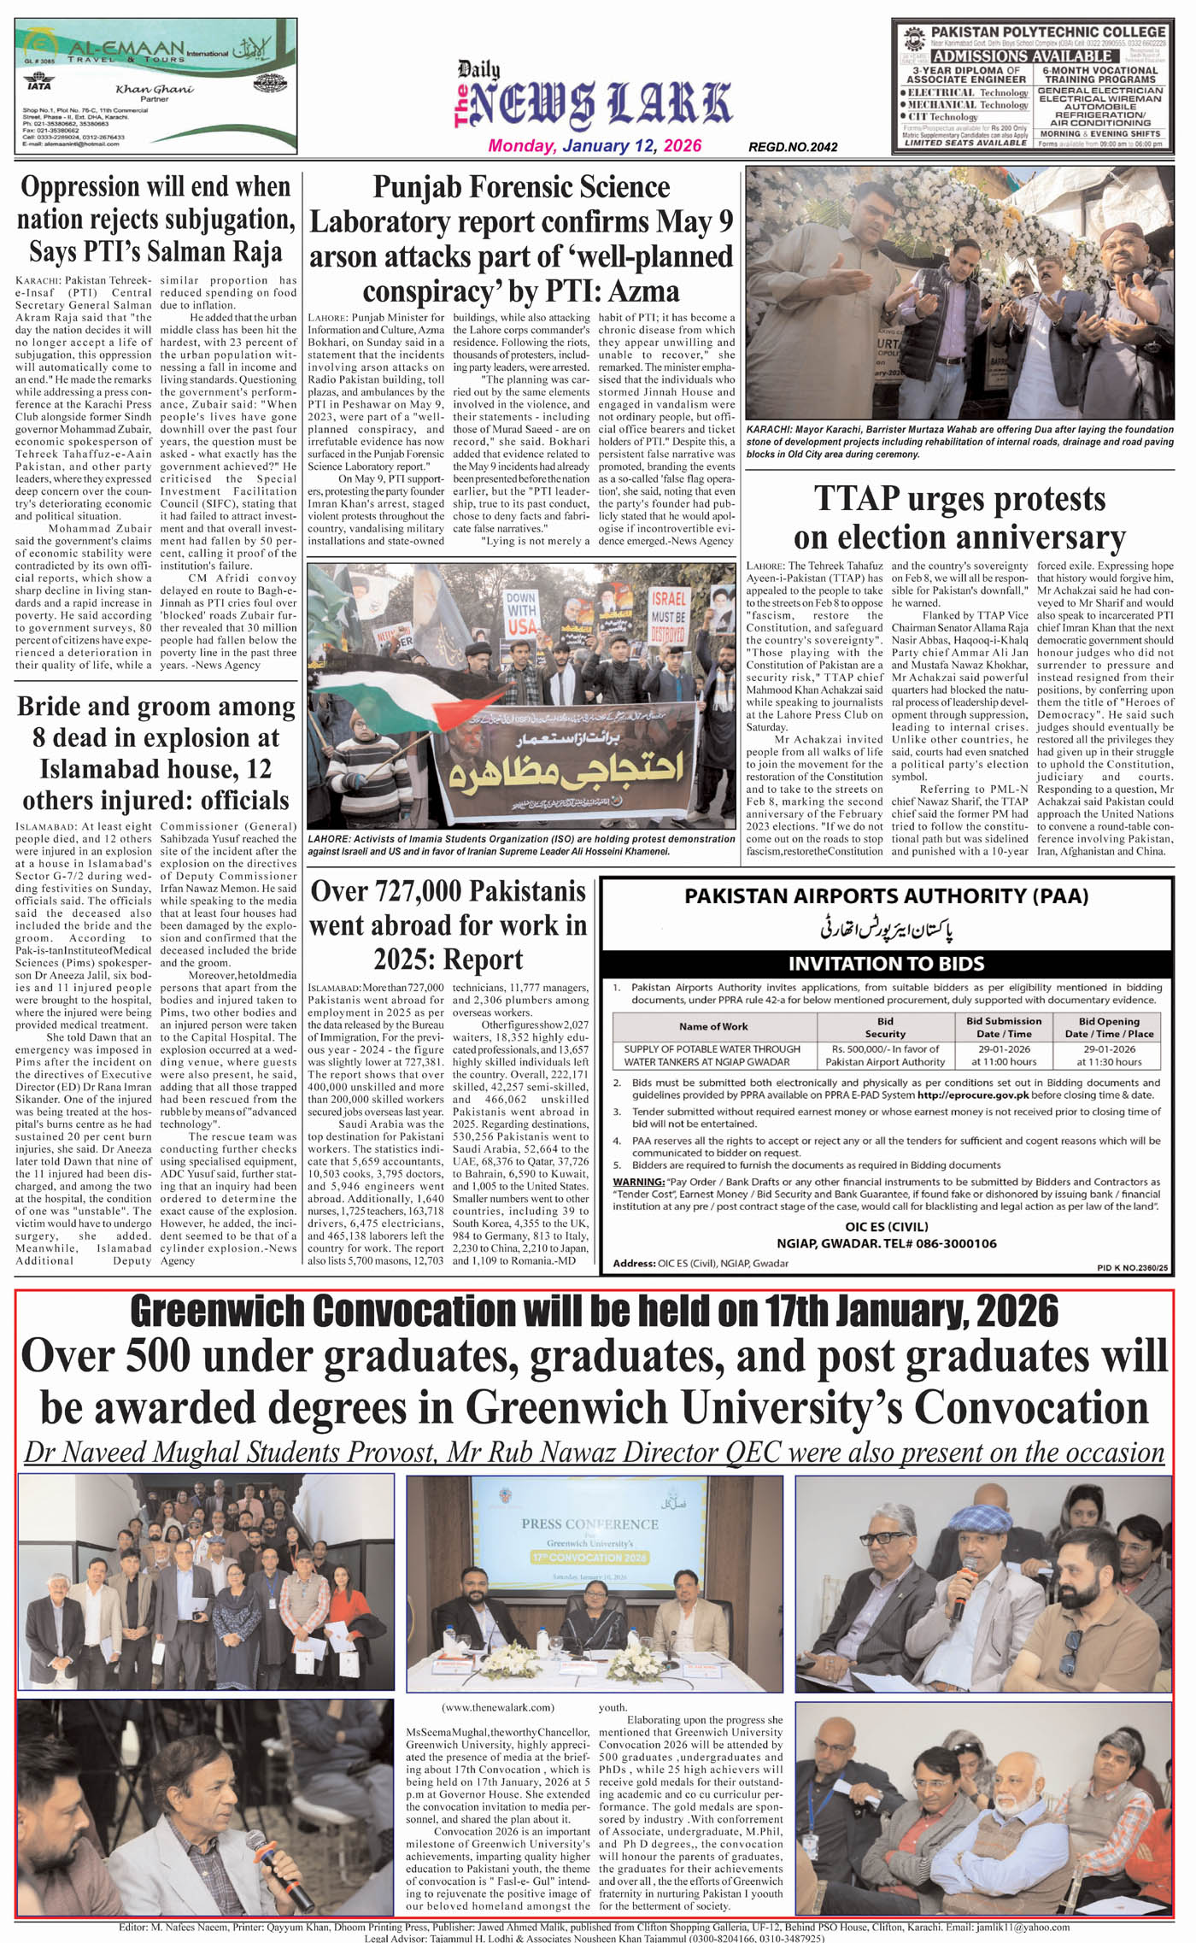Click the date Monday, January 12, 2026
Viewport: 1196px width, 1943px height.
pyautogui.click(x=595, y=145)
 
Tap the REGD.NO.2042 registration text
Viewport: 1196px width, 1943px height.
pyautogui.click(x=793, y=147)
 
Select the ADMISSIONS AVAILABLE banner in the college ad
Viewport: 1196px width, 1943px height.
pyautogui.click(x=1022, y=56)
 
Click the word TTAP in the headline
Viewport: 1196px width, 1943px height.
pyautogui.click(x=857, y=500)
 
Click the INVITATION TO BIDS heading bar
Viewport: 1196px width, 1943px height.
pyautogui.click(x=886, y=964)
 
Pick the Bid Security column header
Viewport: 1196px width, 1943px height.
pyautogui.click(x=885, y=1027)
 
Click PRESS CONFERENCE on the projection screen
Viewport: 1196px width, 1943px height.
pyautogui.click(x=590, y=1523)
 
